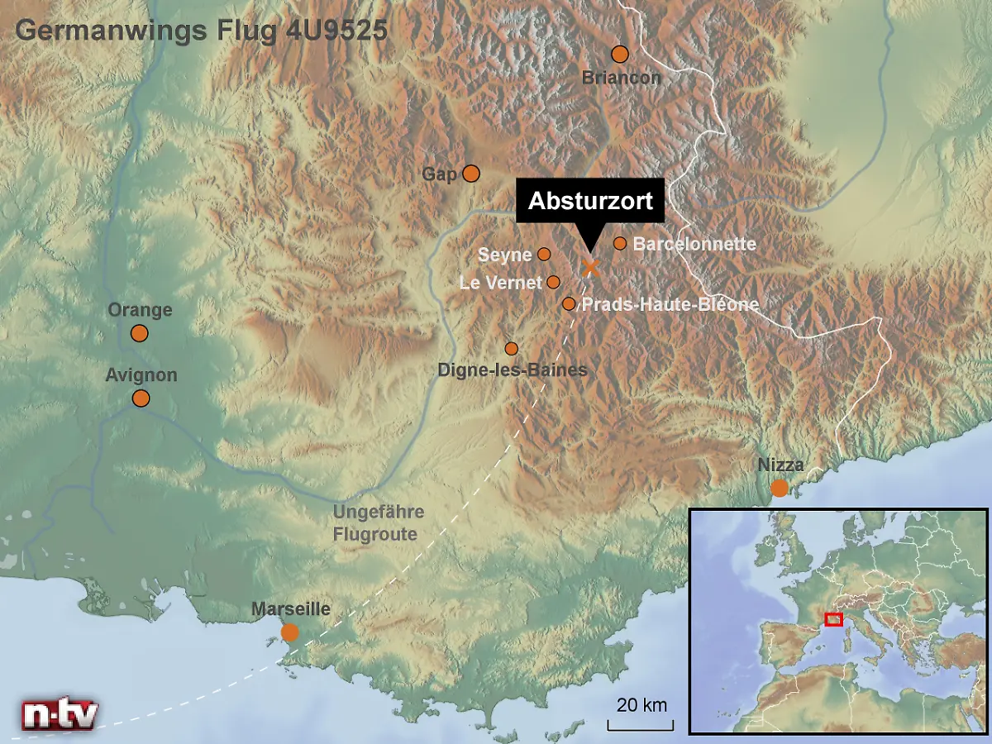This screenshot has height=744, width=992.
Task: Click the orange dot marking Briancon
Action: (620, 55)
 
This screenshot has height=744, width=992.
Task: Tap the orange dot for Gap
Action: (471, 173)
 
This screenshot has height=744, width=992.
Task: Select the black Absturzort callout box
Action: (590, 201)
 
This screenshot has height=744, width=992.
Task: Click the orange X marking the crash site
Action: (590, 267)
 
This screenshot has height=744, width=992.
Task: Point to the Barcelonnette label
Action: (694, 244)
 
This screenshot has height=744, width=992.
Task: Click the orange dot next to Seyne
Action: (544, 254)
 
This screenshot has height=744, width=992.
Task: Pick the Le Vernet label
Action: (501, 283)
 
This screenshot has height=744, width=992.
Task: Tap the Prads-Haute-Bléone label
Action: (670, 304)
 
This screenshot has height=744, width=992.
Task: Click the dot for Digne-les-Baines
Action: (512, 348)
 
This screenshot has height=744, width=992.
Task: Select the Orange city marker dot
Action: (139, 333)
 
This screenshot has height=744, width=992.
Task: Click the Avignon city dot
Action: (141, 398)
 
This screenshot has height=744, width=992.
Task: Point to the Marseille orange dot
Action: (289, 632)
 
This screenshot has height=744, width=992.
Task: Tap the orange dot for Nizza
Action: (780, 488)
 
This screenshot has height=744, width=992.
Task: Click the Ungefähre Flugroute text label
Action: (379, 522)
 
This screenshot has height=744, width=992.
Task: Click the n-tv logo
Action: (60, 713)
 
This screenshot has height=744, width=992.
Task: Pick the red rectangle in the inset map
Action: (833, 619)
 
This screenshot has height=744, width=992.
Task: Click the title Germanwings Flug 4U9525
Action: (201, 31)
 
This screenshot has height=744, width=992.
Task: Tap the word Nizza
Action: (780, 465)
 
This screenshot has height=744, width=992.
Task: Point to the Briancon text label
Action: (622, 78)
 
